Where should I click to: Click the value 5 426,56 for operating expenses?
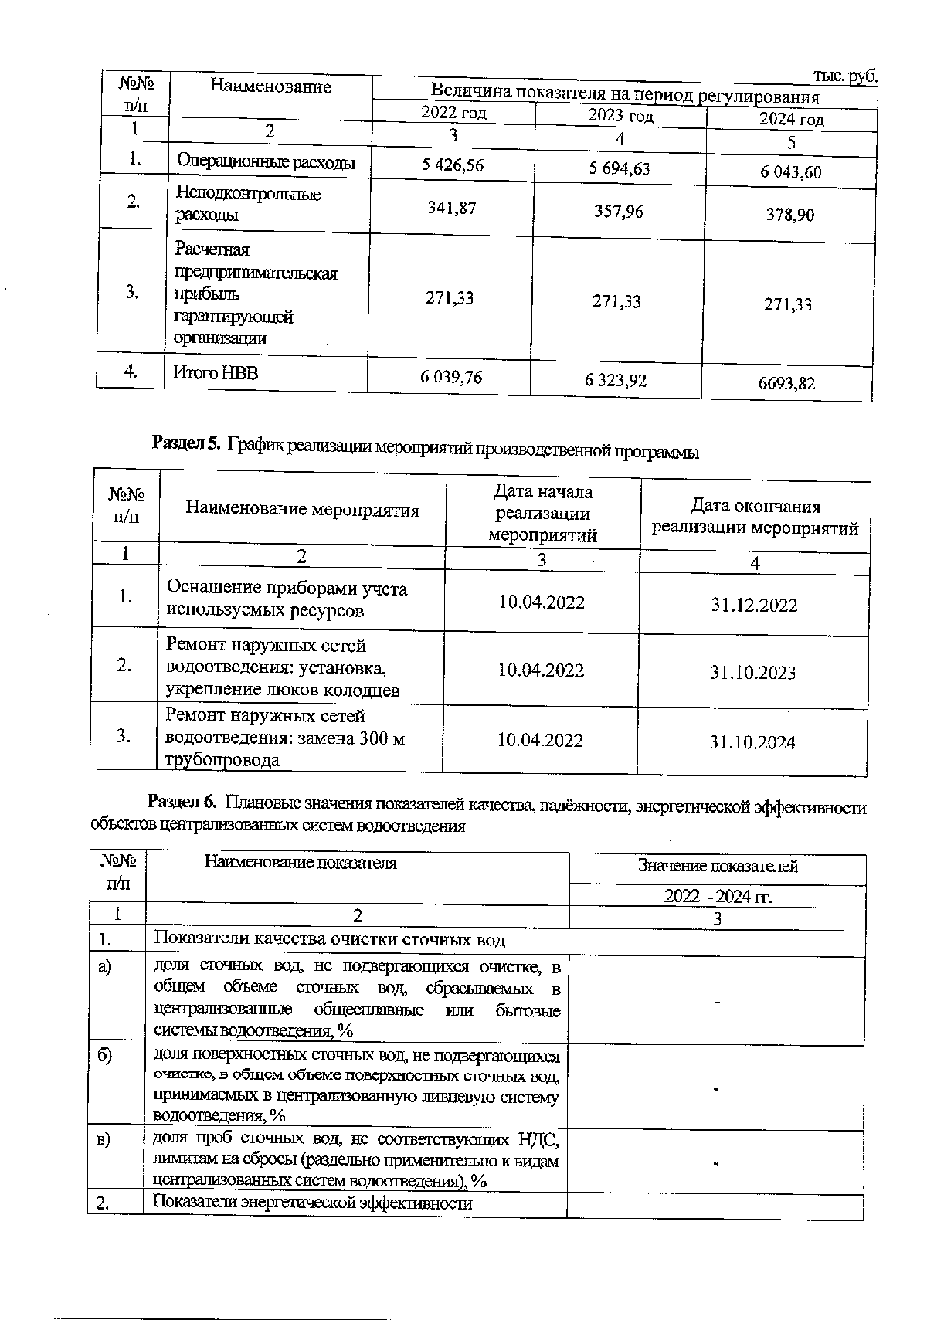tap(453, 165)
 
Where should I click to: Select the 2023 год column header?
tap(620, 116)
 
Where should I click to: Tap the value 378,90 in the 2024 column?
tap(789, 215)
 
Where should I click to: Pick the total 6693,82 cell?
tap(787, 382)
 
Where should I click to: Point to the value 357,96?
tap(619, 212)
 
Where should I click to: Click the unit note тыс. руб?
tap(846, 76)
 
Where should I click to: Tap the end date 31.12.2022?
tap(754, 605)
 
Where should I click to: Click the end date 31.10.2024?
tap(752, 742)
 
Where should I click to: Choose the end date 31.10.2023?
tap(752, 673)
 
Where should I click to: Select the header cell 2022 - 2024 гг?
tap(718, 897)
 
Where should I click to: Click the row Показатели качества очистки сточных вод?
tap(329, 939)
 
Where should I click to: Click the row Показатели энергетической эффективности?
tap(312, 1203)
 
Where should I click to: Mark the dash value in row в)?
tap(717, 1162)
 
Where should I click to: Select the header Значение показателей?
tap(718, 867)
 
